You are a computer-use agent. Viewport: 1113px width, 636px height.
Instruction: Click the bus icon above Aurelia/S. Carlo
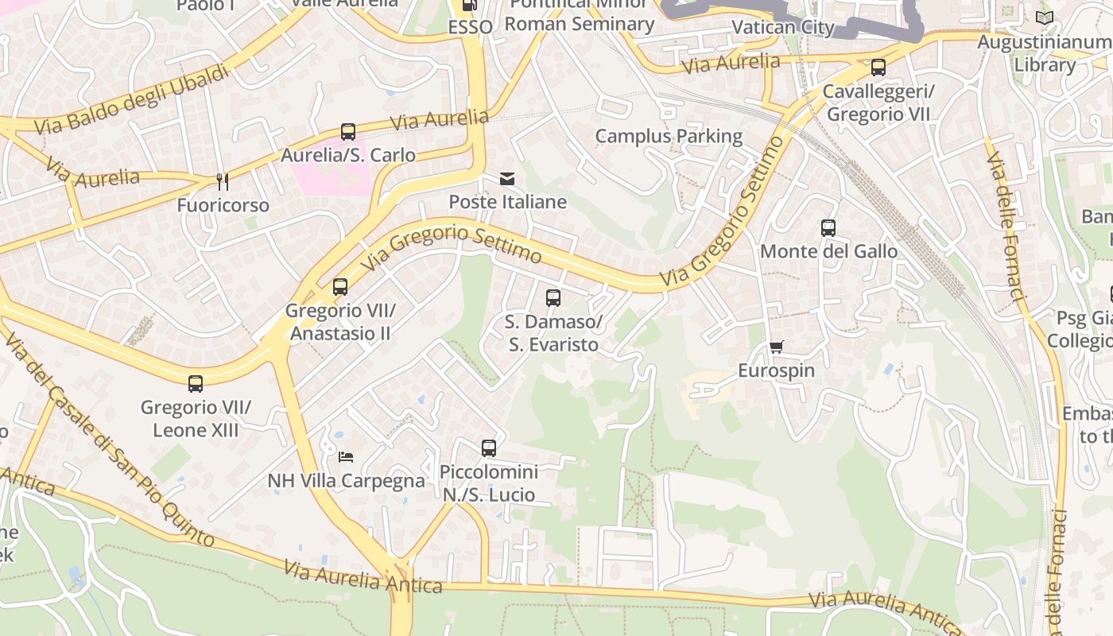click(347, 132)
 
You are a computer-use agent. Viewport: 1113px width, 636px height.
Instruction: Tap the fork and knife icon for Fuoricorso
click(223, 182)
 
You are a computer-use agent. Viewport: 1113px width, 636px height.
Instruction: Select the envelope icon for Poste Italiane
click(507, 179)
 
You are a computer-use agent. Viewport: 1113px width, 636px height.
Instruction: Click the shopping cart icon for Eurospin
click(776, 347)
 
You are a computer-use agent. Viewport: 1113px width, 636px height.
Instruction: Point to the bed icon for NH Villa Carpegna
click(346, 457)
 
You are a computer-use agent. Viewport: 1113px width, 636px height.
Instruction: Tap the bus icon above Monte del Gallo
click(828, 228)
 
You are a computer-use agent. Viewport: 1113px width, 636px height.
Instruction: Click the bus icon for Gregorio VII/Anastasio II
click(340, 287)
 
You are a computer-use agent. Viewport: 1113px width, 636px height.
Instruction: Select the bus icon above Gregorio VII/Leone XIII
click(196, 384)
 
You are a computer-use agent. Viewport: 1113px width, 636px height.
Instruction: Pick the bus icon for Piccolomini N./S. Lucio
click(489, 448)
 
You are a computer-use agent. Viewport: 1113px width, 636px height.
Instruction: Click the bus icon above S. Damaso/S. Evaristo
click(553, 298)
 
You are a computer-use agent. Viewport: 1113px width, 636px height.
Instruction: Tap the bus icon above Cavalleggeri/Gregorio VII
click(878, 68)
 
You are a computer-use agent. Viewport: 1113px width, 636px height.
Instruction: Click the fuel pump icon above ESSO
click(470, 6)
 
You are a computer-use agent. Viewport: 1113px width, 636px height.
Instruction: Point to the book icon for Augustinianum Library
click(1044, 17)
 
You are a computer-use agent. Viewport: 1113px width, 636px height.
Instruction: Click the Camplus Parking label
click(669, 137)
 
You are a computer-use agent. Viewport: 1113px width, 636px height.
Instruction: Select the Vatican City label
click(782, 28)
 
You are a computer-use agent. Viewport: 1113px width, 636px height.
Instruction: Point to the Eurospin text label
click(776, 371)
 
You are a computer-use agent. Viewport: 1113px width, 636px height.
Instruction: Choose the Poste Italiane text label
click(508, 202)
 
